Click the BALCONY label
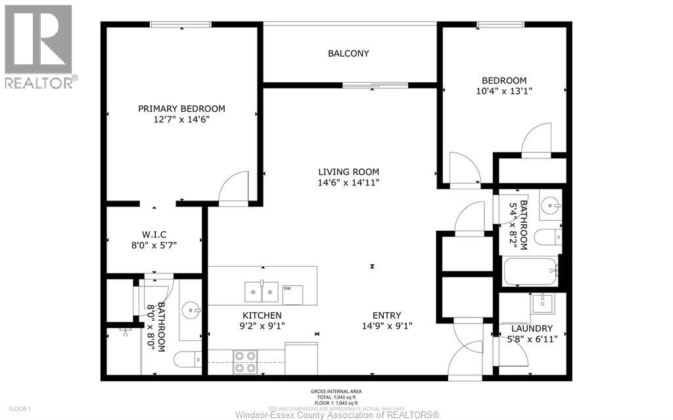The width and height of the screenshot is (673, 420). point(348,53)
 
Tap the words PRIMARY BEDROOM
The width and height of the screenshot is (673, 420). point(181,108)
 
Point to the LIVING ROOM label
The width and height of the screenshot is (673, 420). point(348,172)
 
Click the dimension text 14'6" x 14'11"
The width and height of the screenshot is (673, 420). point(348,182)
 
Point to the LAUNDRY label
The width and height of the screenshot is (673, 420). point(532,328)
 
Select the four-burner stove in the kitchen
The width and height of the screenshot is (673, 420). point(245,362)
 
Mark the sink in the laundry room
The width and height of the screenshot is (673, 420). point(542,304)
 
